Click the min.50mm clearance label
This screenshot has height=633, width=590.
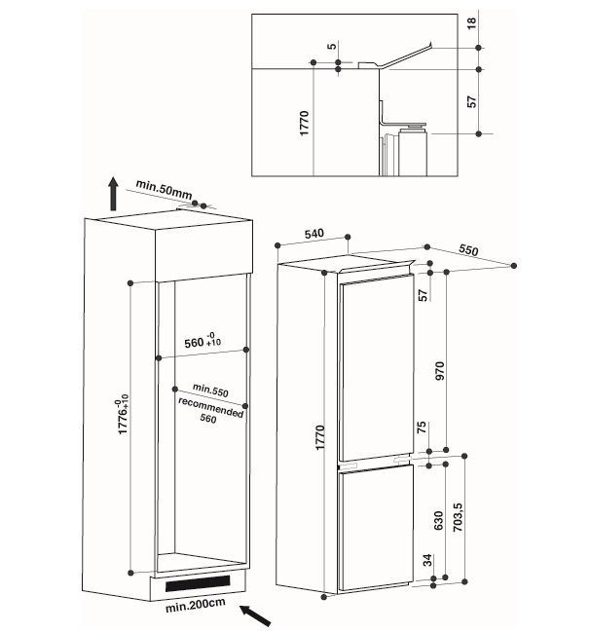pyautogui.click(x=164, y=189)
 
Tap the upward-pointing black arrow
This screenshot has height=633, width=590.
pyautogui.click(x=113, y=194)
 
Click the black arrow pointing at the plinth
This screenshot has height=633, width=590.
pyautogui.click(x=255, y=615)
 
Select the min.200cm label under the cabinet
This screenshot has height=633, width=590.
pyautogui.click(x=196, y=605)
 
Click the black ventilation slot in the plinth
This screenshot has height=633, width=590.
pyautogui.click(x=198, y=583)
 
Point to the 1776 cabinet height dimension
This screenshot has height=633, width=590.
pyautogui.click(x=123, y=415)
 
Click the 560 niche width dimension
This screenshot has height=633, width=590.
pyautogui.click(x=203, y=341)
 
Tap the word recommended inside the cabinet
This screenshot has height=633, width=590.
pyautogui.click(x=210, y=408)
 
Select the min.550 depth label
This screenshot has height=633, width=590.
pyautogui.click(x=210, y=390)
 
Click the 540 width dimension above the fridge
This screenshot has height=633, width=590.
pyautogui.click(x=313, y=234)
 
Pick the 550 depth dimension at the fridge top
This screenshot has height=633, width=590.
pyautogui.click(x=468, y=250)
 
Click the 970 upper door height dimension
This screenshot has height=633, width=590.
pyautogui.click(x=440, y=371)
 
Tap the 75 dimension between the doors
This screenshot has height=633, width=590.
pyautogui.click(x=421, y=428)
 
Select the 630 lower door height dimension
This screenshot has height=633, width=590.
pyautogui.click(x=439, y=521)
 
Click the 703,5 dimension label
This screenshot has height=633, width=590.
pyautogui.click(x=458, y=517)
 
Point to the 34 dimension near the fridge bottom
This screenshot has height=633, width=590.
pyautogui.click(x=427, y=560)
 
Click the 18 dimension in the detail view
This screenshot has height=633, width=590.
pyautogui.click(x=471, y=22)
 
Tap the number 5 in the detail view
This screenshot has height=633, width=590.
pyautogui.click(x=332, y=46)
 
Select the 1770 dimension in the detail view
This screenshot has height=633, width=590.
pyautogui.click(x=305, y=123)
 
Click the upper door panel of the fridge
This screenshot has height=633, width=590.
pyautogui.click(x=377, y=368)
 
